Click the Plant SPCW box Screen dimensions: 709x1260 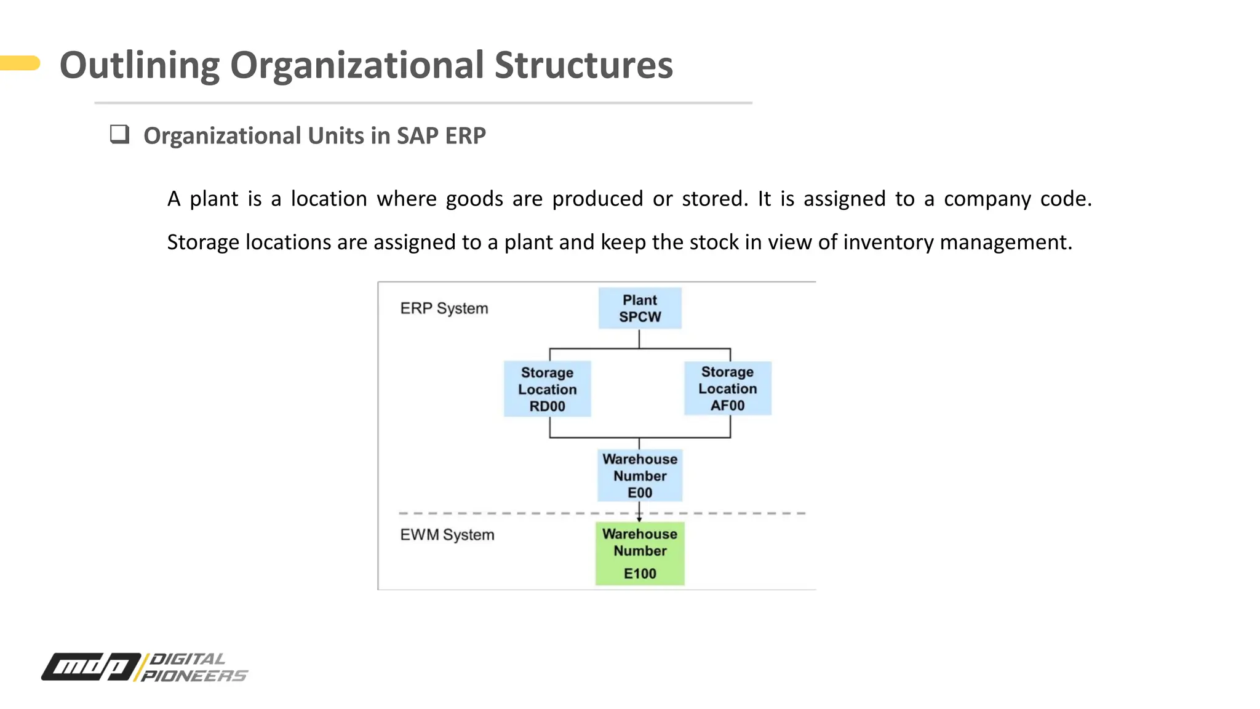tap(640, 308)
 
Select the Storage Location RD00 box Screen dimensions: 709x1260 tap(547, 389)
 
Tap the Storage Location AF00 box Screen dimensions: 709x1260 tap(727, 388)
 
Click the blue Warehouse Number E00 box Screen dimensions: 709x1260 tap(640, 475)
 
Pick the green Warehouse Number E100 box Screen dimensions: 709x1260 tap(640, 553)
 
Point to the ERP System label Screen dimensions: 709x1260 tap(444, 308)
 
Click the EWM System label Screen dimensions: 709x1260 tap(447, 535)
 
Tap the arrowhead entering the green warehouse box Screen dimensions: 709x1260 tap(639, 519)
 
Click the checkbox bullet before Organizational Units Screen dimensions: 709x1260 tap(119, 134)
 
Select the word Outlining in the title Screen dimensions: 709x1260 tap(139, 65)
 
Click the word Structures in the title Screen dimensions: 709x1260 tap(583, 65)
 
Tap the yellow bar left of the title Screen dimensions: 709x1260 tap(20, 63)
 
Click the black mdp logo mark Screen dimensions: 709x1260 tap(91, 667)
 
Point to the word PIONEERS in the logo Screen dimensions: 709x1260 tap(194, 676)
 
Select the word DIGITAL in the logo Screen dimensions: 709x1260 tap(188, 659)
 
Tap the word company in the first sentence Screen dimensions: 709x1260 tap(987, 199)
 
